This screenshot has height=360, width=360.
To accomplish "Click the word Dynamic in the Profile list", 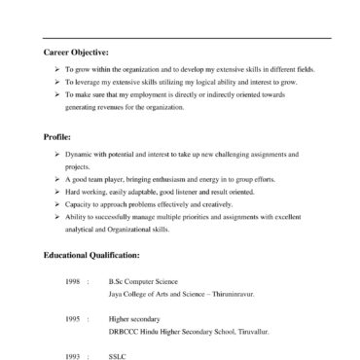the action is click(80, 155).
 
